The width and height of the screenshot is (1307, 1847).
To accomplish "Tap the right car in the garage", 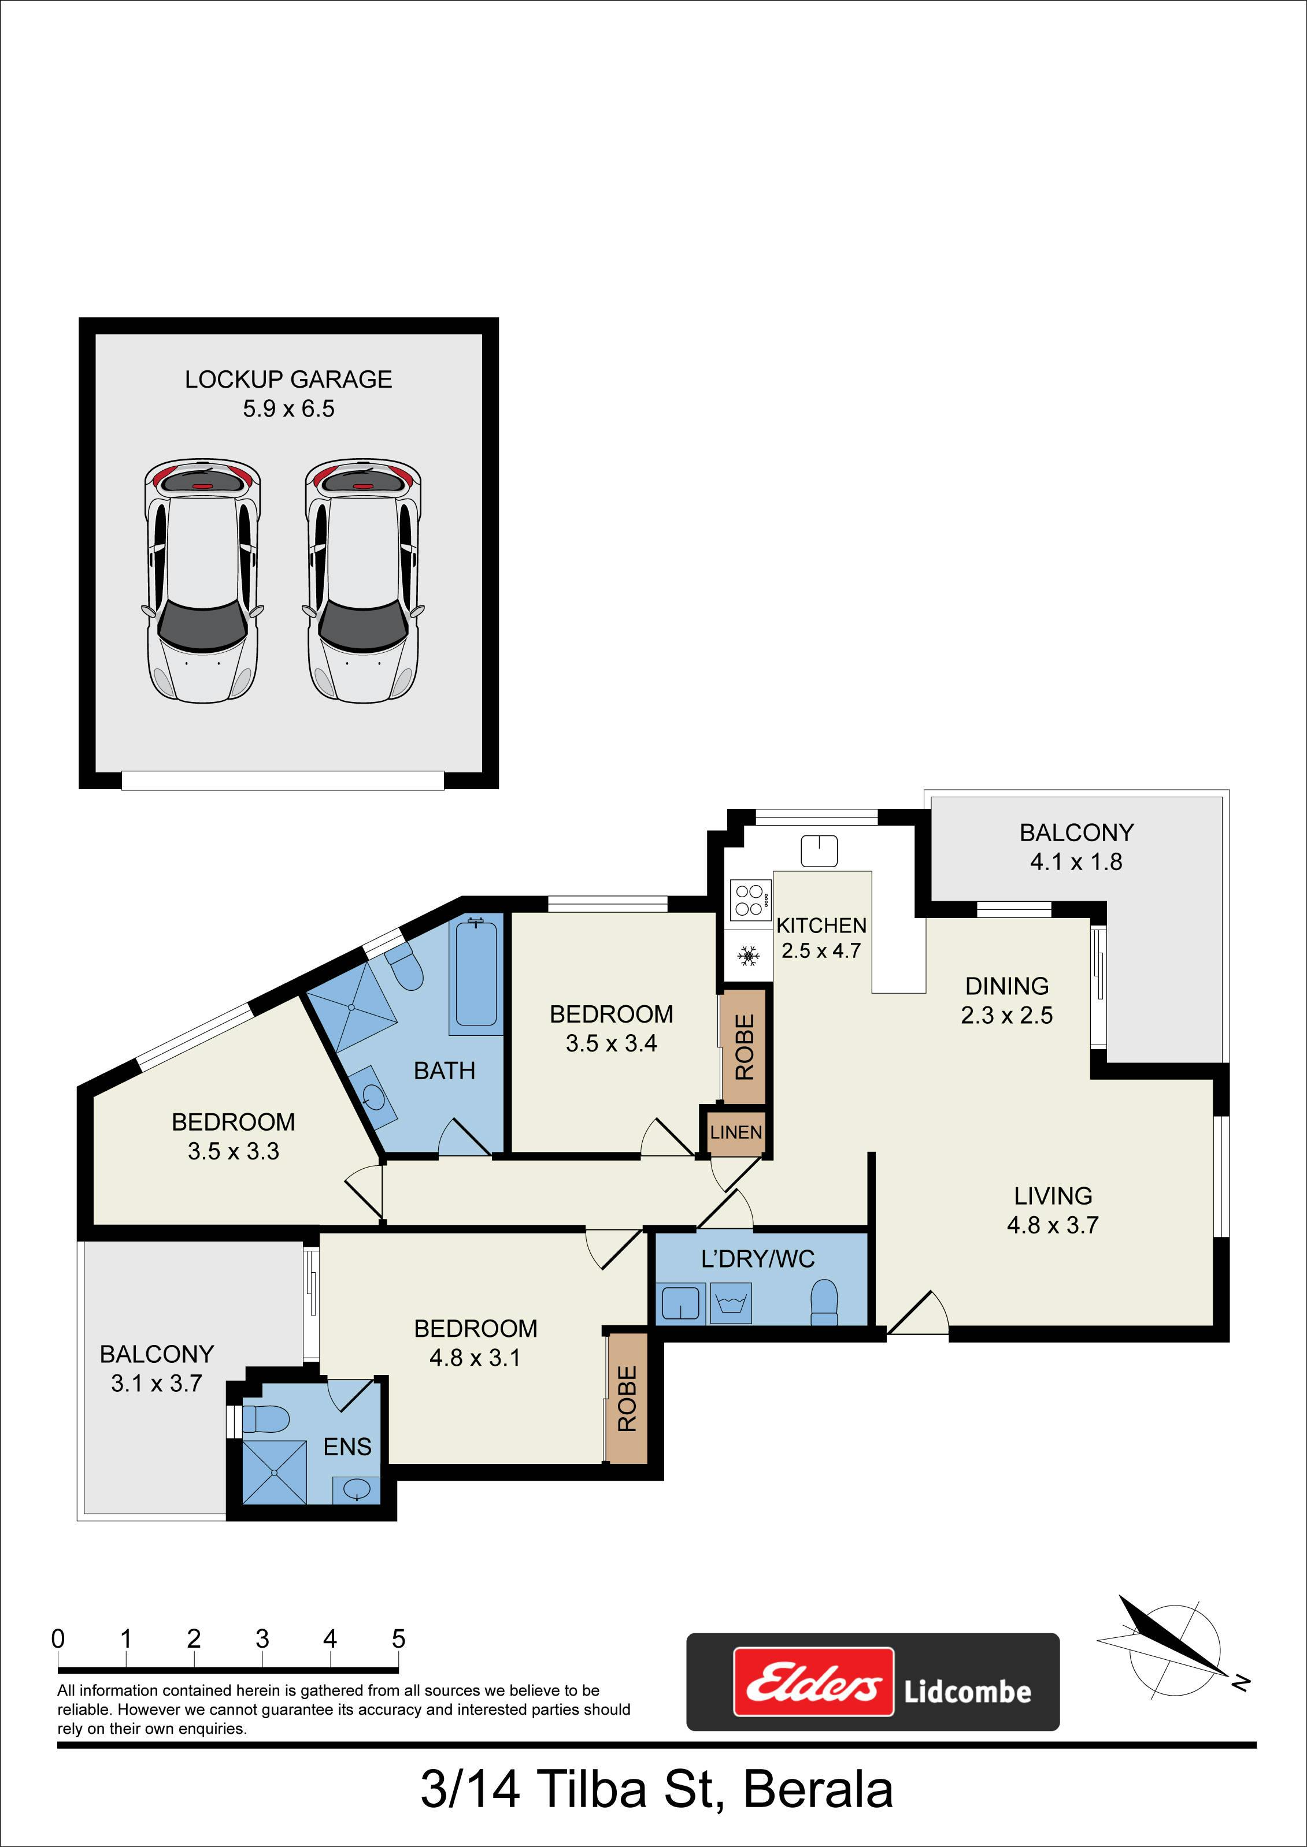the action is pyautogui.click(x=363, y=581).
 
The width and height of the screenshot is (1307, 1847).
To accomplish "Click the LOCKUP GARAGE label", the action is pyautogui.click(x=288, y=380).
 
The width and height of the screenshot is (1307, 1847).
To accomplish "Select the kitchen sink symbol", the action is pyautogui.click(x=819, y=851).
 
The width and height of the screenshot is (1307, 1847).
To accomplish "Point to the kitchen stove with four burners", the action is pyautogui.click(x=749, y=900).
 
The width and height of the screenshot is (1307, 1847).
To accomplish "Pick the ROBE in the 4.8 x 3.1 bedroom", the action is pyautogui.click(x=627, y=1399).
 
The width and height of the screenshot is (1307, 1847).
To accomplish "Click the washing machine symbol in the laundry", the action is pyautogui.click(x=731, y=1303).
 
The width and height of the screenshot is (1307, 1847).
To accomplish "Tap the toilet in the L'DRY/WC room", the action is pyautogui.click(x=824, y=1302).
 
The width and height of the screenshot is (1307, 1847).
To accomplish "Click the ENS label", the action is pyautogui.click(x=347, y=1447).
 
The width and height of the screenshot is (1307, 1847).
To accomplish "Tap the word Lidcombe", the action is pyautogui.click(x=967, y=1691).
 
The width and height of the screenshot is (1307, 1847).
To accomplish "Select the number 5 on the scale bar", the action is pyautogui.click(x=398, y=1638).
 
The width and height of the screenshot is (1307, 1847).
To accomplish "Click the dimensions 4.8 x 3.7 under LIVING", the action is pyautogui.click(x=1053, y=1225).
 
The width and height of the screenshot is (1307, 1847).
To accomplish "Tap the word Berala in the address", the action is pyautogui.click(x=818, y=1790).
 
